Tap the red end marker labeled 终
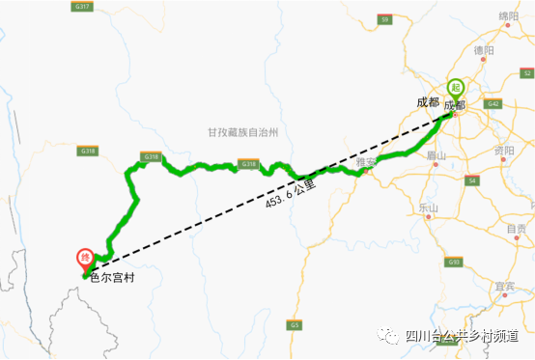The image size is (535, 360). pyautogui.click(x=84, y=258)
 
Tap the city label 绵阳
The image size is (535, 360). pyautogui.click(x=508, y=16)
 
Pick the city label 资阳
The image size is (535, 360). pyautogui.click(x=504, y=151)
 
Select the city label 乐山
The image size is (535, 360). pyautogui.click(x=428, y=208)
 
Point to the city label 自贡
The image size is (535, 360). pyautogui.click(x=516, y=229)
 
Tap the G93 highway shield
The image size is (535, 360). pyautogui.click(x=453, y=262)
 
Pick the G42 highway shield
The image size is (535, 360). pyautogui.click(x=494, y=101)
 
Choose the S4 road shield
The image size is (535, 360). pyautogui.click(x=472, y=180)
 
